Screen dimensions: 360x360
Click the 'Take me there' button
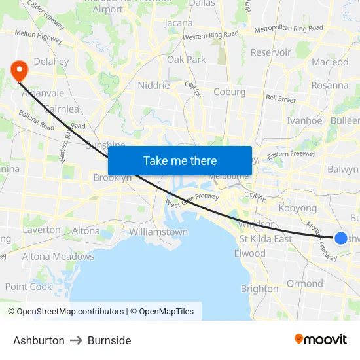[x=180, y=160]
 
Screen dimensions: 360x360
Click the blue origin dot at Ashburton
[x=341, y=238]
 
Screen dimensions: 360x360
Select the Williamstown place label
[x=158, y=232]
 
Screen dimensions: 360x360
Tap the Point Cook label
[x=28, y=287]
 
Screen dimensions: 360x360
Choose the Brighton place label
[x=259, y=289]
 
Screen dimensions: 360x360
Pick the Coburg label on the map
[x=229, y=92]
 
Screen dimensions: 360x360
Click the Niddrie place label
[x=154, y=85]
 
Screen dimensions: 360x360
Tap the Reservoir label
[x=270, y=52]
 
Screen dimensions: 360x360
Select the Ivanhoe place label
[x=304, y=120]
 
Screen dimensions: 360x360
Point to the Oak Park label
[x=187, y=60]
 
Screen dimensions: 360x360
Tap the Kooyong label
[x=298, y=208]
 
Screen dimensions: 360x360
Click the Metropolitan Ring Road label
[x=288, y=29]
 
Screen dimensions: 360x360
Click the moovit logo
[x=320, y=340]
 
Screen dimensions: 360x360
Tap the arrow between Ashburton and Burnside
[x=76, y=340]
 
